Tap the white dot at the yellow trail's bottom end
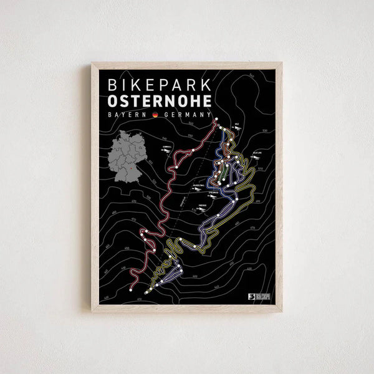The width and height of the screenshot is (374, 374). point(146,292)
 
